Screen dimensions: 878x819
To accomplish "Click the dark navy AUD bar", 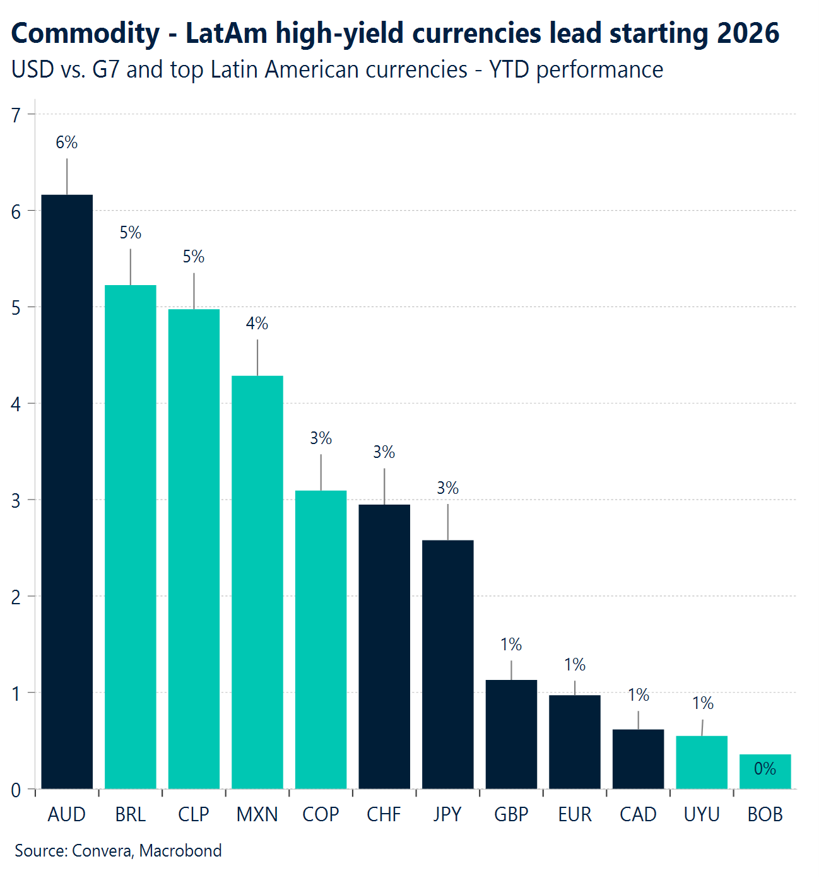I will [67, 492].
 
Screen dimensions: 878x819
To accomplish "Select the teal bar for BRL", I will [131, 536].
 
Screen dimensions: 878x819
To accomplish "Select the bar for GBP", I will [511, 734].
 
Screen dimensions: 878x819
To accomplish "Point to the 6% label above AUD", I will [67, 143].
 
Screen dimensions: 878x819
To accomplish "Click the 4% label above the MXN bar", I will [257, 324].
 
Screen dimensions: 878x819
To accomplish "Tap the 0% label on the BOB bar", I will [765, 768].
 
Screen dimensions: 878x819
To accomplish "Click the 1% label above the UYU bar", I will [702, 703].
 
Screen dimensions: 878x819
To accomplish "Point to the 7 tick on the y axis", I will [16, 115].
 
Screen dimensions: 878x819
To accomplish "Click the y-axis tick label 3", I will [16, 500].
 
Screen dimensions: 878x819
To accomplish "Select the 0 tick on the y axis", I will [16, 790].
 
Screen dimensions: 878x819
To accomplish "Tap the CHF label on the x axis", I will [384, 814].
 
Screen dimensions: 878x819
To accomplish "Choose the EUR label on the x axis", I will [575, 814].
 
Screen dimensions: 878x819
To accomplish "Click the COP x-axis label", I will [321, 814].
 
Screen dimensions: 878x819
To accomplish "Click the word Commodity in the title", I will [85, 34].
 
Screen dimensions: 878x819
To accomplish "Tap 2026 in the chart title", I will [748, 33].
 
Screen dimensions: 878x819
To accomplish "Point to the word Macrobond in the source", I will [180, 850].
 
